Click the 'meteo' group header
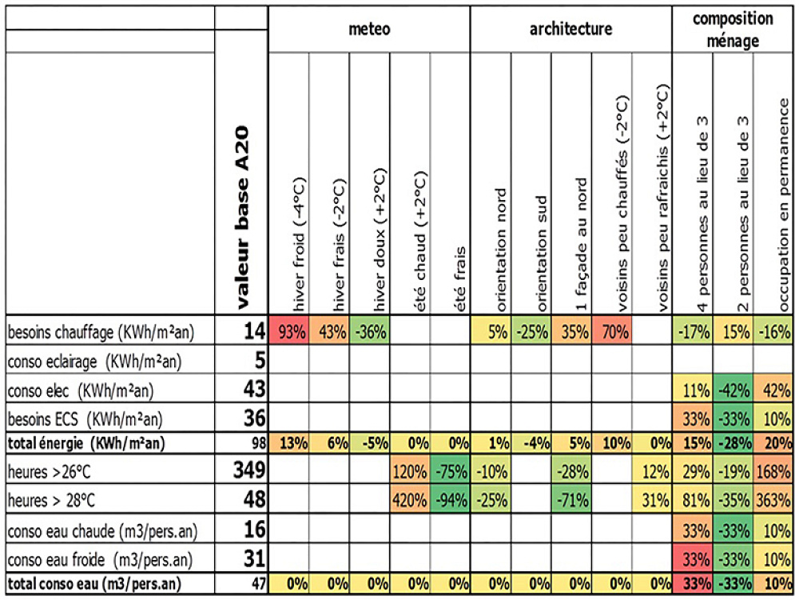pos(370,30)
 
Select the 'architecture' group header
pos(570,30)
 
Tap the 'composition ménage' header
pos(733,29)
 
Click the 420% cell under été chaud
pos(410,500)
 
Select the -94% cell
pos(450,500)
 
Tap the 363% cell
pos(774,500)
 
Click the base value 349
pos(247,470)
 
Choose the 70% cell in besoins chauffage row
pos(612,330)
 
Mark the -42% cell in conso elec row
pos(733,390)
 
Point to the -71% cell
pos(571,500)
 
